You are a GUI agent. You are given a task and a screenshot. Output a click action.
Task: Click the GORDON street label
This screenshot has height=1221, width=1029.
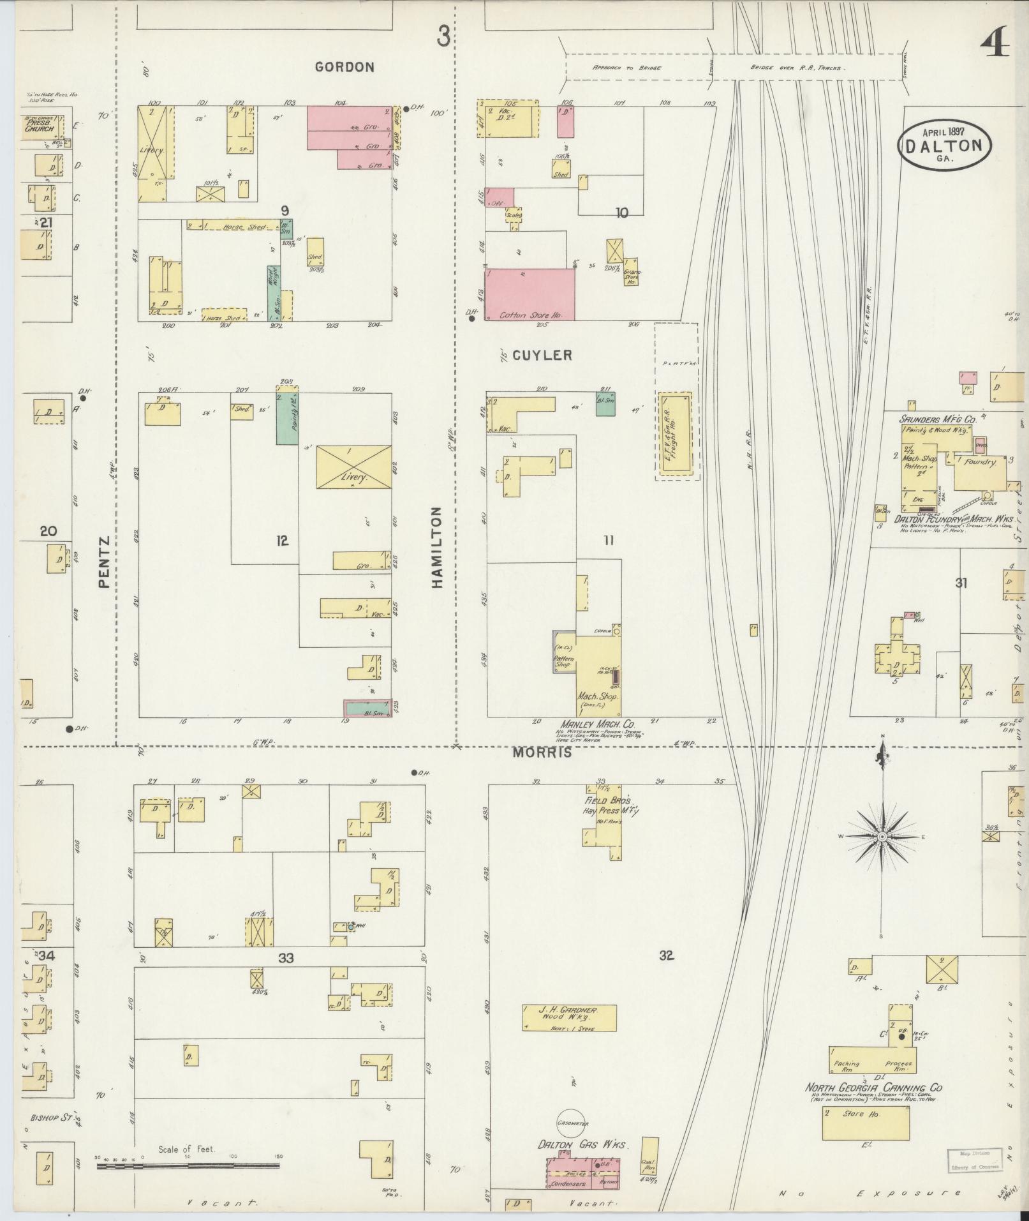click(x=344, y=66)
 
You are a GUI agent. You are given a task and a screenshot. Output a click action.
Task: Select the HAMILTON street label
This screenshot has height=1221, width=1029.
click(x=438, y=547)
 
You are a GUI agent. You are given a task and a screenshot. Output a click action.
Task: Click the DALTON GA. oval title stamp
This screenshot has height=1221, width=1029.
click(x=946, y=146)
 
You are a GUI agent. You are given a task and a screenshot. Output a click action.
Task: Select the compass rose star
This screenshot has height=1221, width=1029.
click(x=882, y=837)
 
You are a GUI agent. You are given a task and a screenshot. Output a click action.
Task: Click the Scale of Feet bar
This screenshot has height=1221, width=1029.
click(x=188, y=1165)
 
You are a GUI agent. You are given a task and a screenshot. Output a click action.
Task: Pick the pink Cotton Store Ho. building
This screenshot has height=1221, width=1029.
click(x=529, y=294)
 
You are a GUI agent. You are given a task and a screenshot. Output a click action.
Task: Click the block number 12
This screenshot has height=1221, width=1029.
click(x=283, y=541)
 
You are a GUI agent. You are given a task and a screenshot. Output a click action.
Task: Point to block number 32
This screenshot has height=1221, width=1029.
click(x=667, y=955)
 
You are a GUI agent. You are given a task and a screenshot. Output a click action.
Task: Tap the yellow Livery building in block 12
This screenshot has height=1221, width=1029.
click(x=354, y=467)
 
